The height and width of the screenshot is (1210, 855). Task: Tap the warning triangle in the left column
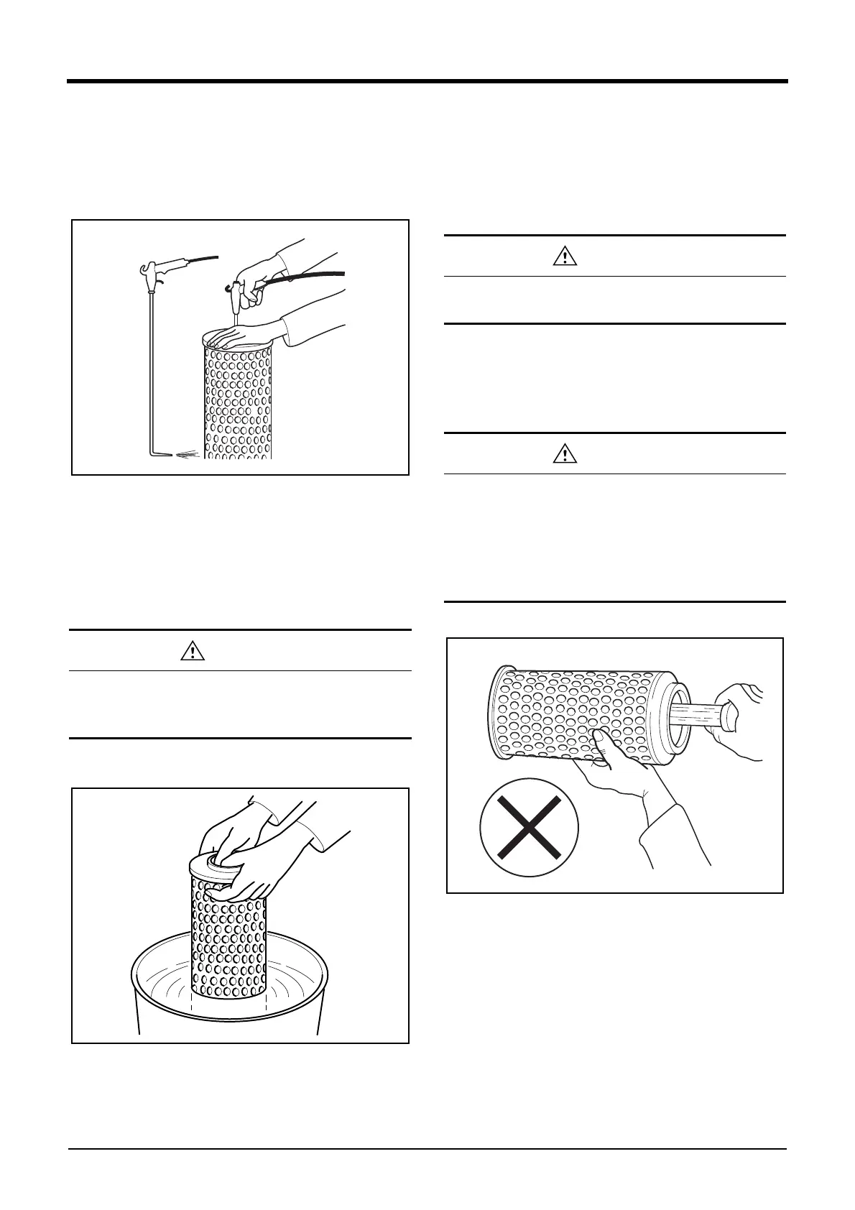[x=193, y=651]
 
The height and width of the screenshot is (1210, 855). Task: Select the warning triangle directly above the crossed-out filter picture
[x=565, y=454]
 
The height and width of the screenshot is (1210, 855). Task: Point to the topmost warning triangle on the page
[x=565, y=257]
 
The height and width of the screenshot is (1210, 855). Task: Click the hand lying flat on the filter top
[x=237, y=336]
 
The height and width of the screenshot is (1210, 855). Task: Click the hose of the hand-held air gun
[x=309, y=277]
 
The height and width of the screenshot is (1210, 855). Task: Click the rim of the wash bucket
[x=230, y=1013]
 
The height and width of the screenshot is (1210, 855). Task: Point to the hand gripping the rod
[x=736, y=719]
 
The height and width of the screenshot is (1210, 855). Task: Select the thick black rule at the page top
[x=427, y=82]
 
